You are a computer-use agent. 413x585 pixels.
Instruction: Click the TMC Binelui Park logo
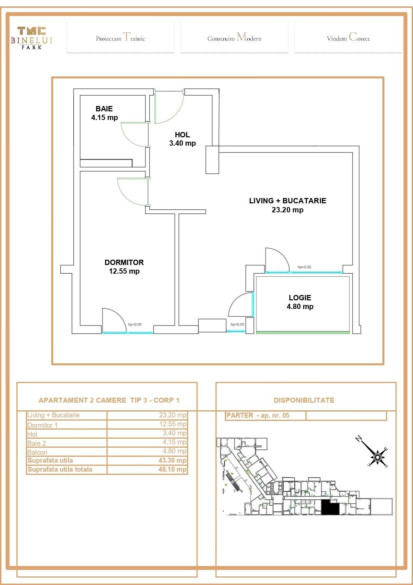[x=32, y=38]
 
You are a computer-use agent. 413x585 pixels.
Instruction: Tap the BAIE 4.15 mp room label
[x=104, y=113]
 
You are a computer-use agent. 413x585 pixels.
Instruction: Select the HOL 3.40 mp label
[x=182, y=139]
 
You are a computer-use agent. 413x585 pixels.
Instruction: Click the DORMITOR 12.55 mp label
[x=124, y=267]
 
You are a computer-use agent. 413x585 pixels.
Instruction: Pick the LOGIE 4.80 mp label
[x=300, y=302]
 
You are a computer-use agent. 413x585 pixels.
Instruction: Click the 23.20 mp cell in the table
[x=173, y=415]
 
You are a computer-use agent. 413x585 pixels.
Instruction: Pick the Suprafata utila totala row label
[x=60, y=469]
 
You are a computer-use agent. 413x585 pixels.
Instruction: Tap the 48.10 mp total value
[x=172, y=469]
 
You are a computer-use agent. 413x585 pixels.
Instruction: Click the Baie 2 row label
[x=37, y=443]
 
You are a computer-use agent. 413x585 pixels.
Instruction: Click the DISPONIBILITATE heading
[x=304, y=400]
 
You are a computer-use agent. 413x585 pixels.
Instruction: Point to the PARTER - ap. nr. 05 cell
[x=258, y=415]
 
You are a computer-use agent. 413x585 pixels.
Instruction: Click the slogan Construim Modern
[x=234, y=37]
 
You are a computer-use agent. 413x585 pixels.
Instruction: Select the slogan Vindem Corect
[x=348, y=37]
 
